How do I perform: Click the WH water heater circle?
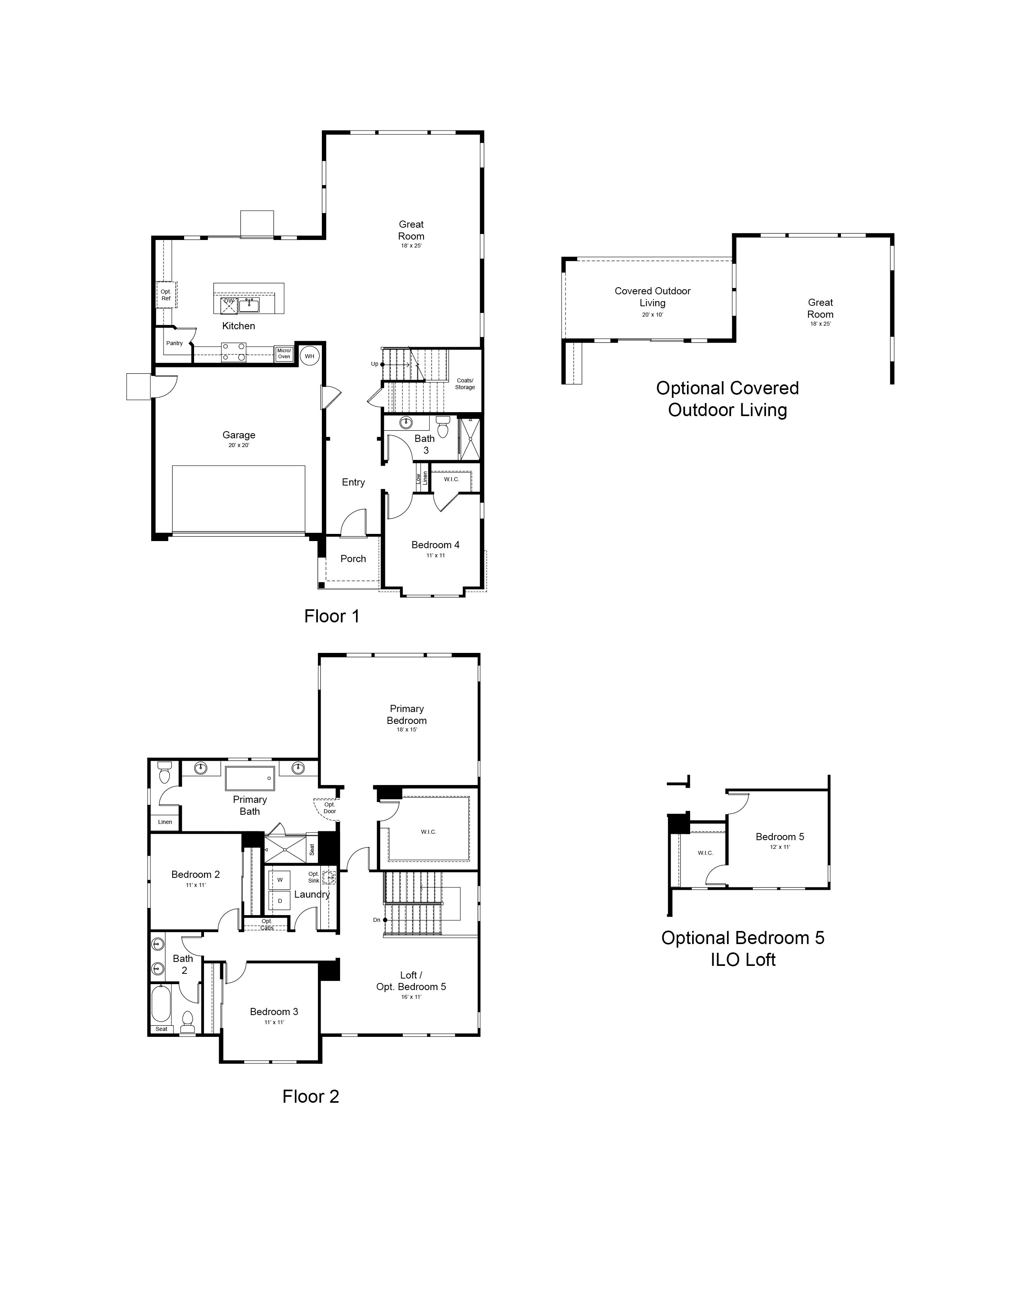tap(310, 356)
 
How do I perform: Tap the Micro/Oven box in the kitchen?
tap(284, 353)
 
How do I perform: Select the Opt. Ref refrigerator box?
tap(166, 294)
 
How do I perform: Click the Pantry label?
tap(175, 344)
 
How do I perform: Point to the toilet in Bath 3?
tap(443, 427)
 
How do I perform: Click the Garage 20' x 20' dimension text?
tap(239, 445)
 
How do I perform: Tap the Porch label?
tap(353, 559)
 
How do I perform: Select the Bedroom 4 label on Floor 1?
tap(435, 545)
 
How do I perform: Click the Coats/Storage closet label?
tap(465, 384)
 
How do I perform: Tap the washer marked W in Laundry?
tap(279, 880)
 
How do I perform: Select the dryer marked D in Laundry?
tap(279, 900)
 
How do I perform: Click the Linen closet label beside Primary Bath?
tap(165, 822)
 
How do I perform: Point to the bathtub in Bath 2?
tap(161, 1004)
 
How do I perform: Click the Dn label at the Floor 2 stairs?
tap(377, 920)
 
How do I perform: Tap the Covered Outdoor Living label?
tap(652, 297)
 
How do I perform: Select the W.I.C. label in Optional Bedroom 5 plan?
tap(706, 853)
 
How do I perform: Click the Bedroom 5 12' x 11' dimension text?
tap(780, 847)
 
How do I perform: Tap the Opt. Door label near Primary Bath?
tap(330, 808)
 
